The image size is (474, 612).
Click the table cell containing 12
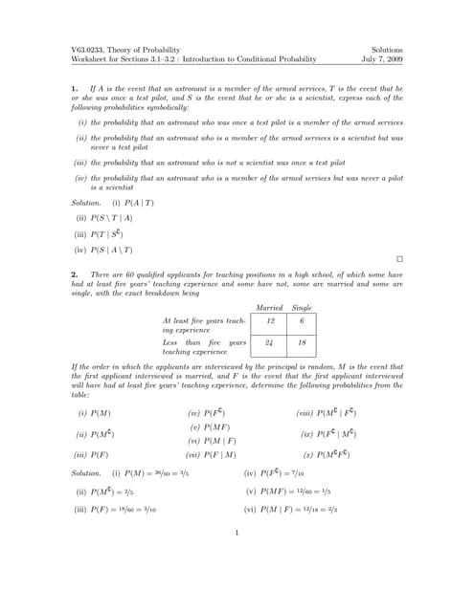pyautogui.click(x=270, y=323)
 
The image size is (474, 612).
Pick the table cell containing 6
pyautogui.click(x=302, y=323)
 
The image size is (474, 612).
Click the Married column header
pyautogui.click(x=271, y=307)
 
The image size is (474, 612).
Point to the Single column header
pyautogui.click(x=302, y=307)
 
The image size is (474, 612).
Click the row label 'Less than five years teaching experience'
pyautogui.click(x=204, y=346)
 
